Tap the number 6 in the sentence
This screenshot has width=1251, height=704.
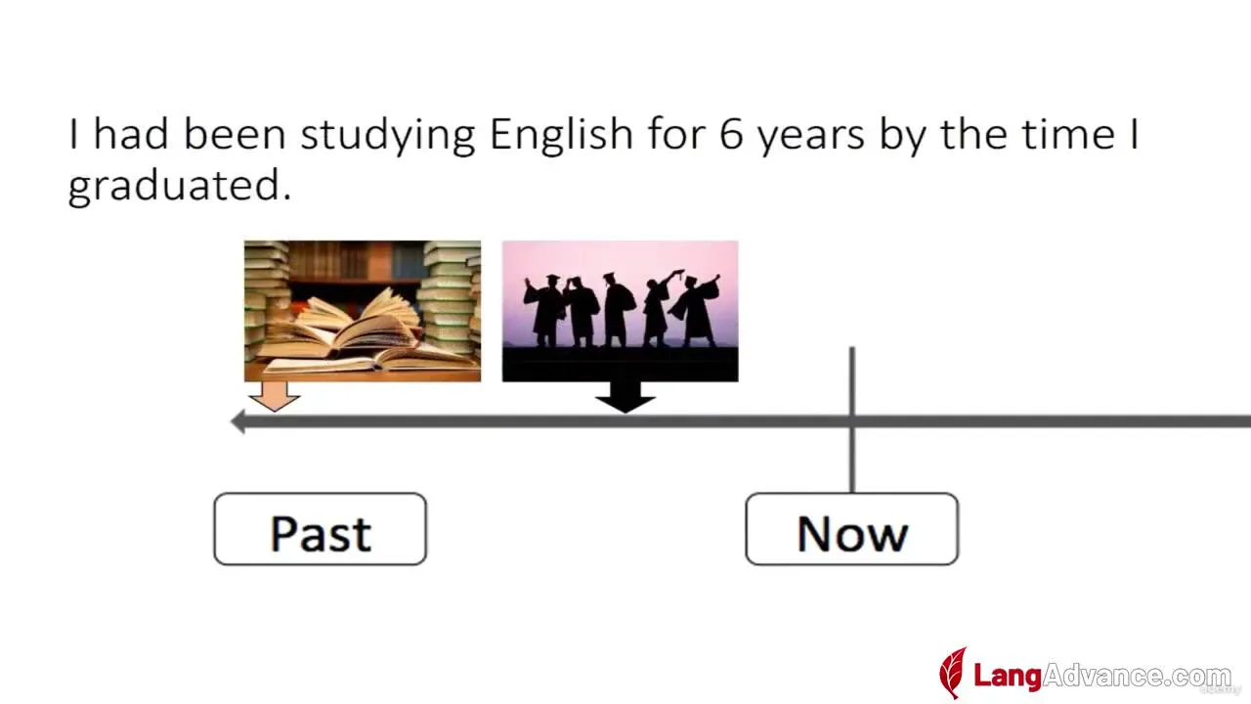pos(731,134)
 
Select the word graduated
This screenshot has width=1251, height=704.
pos(180,186)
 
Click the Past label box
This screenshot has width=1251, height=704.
pos(320,529)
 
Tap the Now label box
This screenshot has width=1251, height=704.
pos(851,529)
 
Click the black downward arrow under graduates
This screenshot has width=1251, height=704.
pos(625,397)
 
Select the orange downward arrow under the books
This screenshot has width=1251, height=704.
pos(275,397)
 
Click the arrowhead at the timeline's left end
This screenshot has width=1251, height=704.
pos(237,421)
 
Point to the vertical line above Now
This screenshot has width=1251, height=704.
pos(851,419)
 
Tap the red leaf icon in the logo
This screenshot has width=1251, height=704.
pos(953,673)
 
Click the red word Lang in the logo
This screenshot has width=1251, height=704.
pos(1008,676)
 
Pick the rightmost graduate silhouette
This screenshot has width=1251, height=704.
pos(696,310)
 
